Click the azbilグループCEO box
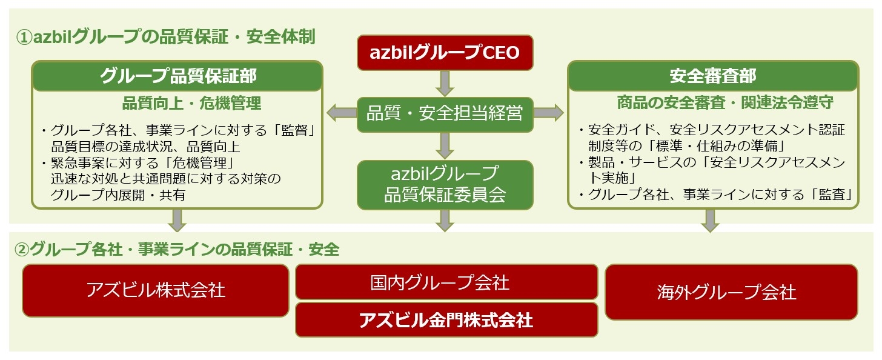(445, 53)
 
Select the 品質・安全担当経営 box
(445, 114)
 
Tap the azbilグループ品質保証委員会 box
(445, 184)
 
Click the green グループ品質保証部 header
(177, 76)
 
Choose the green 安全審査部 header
(712, 76)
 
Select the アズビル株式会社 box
(156, 290)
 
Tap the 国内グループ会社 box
(446, 282)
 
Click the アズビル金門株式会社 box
(446, 319)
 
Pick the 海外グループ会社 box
(731, 292)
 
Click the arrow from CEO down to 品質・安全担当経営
(445, 83)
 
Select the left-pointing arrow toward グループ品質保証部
(340, 113)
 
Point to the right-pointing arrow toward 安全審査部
(549, 113)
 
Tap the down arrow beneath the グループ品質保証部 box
(177, 221)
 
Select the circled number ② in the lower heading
(21, 249)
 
